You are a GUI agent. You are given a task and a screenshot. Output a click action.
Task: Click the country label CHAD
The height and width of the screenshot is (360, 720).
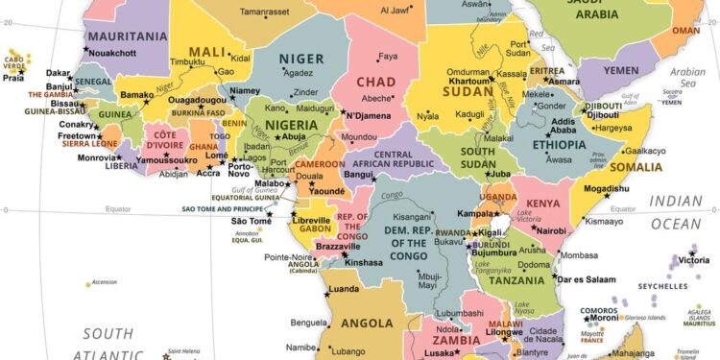(x=375, y=82)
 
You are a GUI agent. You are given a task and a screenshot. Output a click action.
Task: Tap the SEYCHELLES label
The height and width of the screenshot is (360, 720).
(x=662, y=286)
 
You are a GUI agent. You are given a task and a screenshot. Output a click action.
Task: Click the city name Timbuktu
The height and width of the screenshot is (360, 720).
(x=188, y=61)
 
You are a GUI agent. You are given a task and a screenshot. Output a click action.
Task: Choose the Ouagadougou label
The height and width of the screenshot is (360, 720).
(x=197, y=100)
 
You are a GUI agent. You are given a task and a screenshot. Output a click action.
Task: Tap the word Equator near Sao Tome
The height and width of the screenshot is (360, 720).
(x=117, y=207)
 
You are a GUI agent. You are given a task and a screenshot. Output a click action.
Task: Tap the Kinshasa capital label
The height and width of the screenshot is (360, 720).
(x=364, y=262)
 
